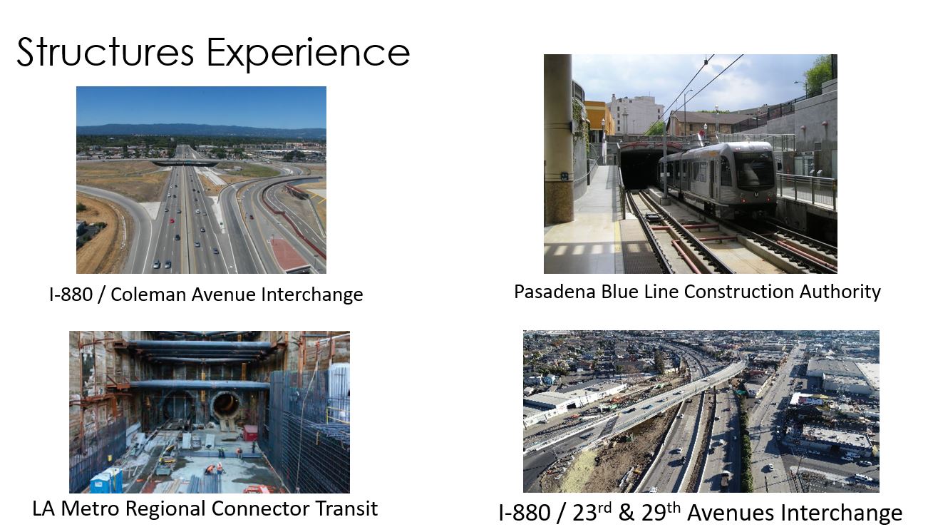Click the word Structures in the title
[105, 52]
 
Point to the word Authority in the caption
[840, 292]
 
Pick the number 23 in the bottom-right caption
[585, 513]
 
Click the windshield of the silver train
[754, 169]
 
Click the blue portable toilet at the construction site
[106, 480]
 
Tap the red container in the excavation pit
[251, 433]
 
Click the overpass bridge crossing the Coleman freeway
[185, 163]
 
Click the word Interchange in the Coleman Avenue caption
[312, 295]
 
